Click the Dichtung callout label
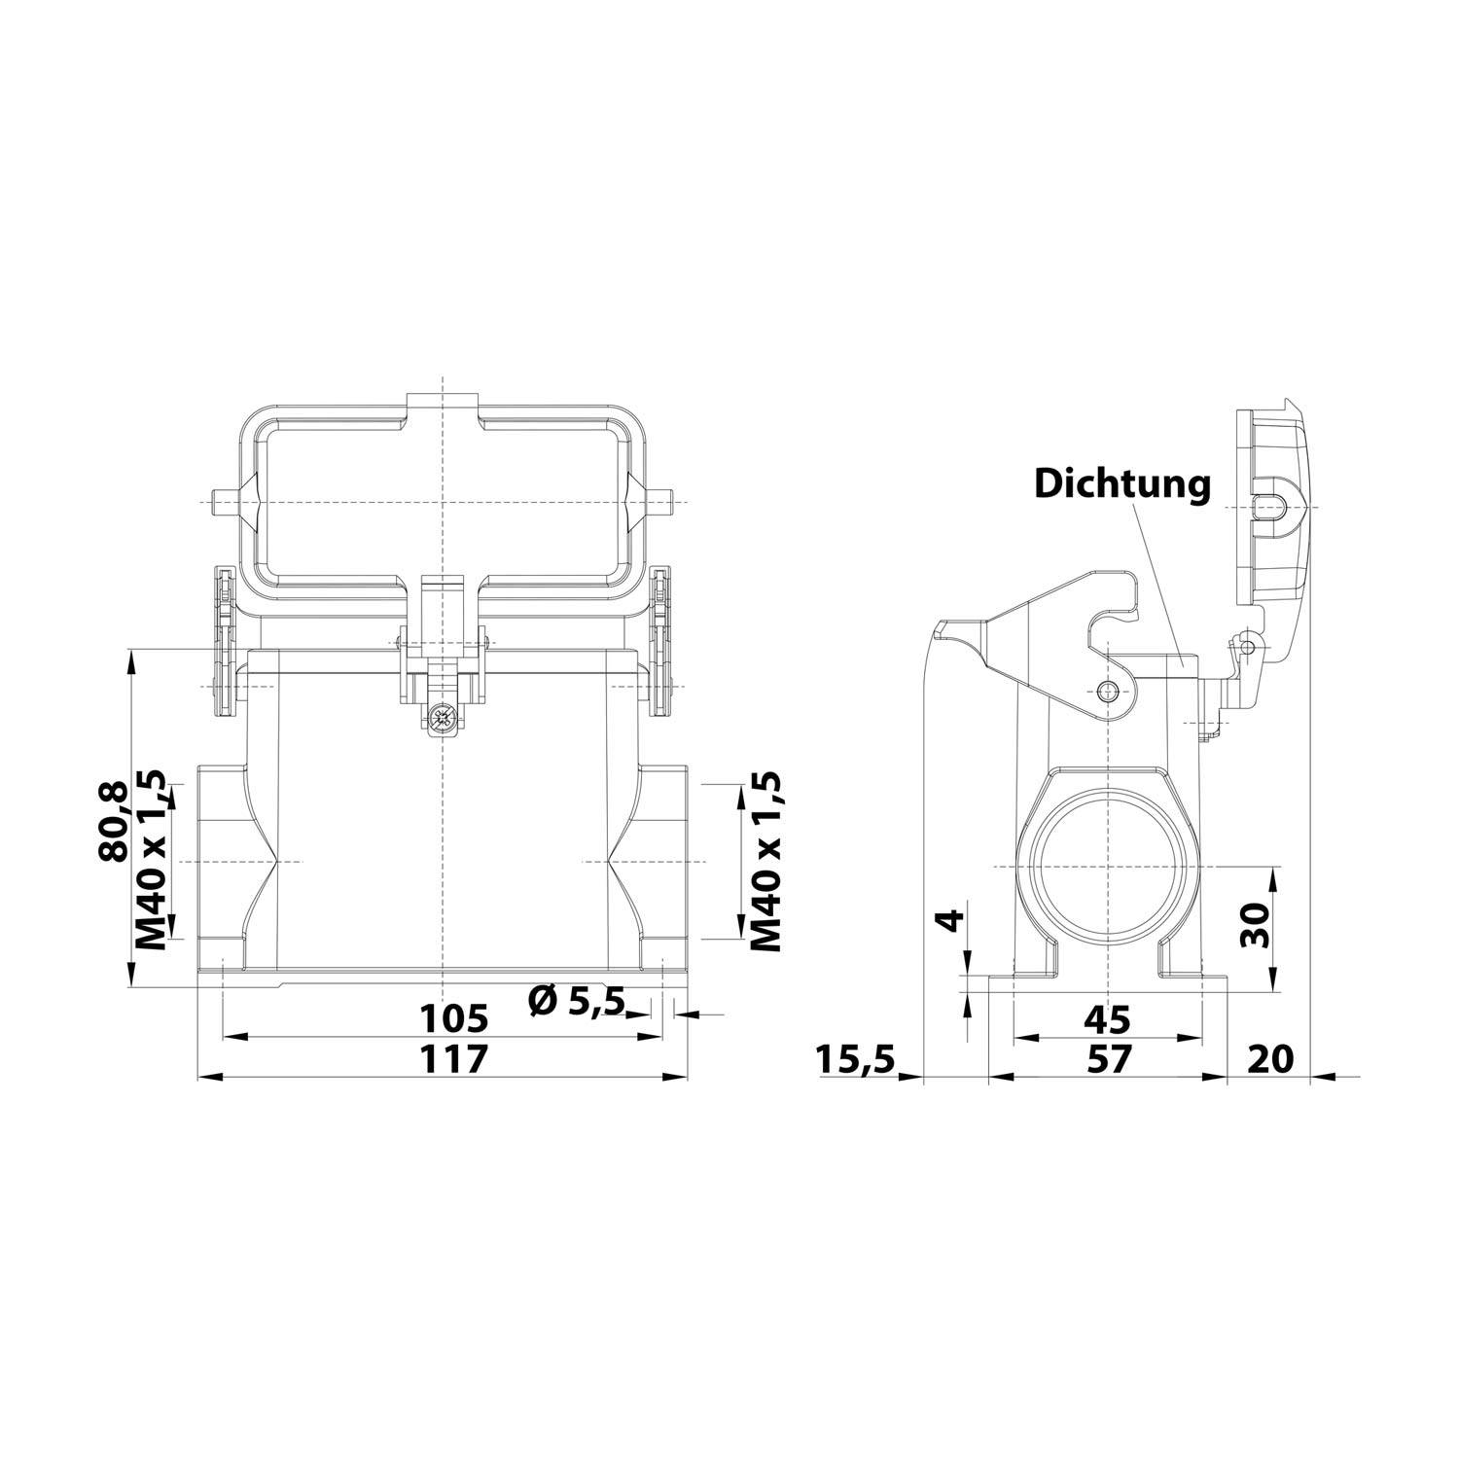[x=1121, y=483]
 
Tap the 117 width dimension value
[x=452, y=1058]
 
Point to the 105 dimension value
[x=452, y=1019]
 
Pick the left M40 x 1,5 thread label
[x=152, y=862]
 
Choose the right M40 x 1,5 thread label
[x=765, y=862]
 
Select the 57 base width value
[x=1109, y=1058]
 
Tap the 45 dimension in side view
[x=1107, y=1019]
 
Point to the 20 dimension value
[x=1270, y=1058]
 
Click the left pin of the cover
[x=220, y=502]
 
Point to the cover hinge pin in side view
[x=1245, y=644]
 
